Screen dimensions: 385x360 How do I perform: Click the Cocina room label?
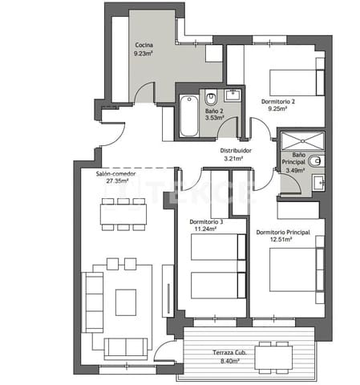[x=144, y=45]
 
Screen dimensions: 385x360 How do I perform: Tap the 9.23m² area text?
[x=144, y=54]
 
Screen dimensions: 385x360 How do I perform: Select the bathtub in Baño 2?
[x=188, y=115]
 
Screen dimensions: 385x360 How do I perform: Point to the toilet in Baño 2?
[x=212, y=99]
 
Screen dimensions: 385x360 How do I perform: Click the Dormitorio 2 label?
[x=278, y=101]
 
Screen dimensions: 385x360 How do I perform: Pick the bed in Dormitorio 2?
[x=294, y=81]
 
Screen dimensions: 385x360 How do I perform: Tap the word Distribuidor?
[x=237, y=150]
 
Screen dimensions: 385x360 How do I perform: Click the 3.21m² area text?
[x=237, y=159]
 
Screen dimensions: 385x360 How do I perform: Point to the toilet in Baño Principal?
[x=318, y=182]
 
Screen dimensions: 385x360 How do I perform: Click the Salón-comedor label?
[x=115, y=174]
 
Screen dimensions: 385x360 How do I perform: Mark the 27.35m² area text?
[x=115, y=182]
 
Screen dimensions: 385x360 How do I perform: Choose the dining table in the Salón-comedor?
[x=123, y=214]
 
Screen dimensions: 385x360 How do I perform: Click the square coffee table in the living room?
[x=126, y=302]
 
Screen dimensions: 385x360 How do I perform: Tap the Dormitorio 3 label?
[x=207, y=221]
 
